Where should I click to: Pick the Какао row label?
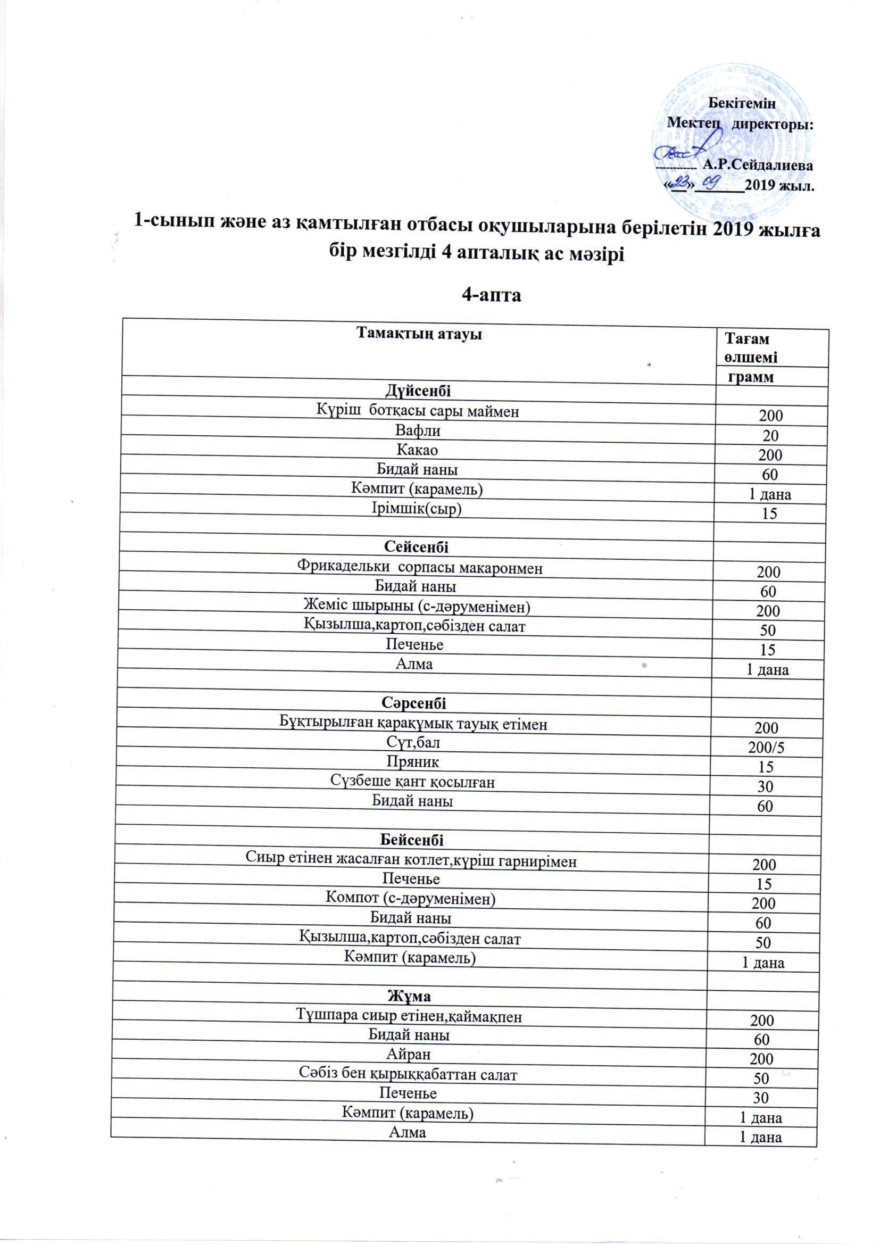click(x=417, y=450)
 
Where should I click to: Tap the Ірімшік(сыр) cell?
click(x=417, y=509)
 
